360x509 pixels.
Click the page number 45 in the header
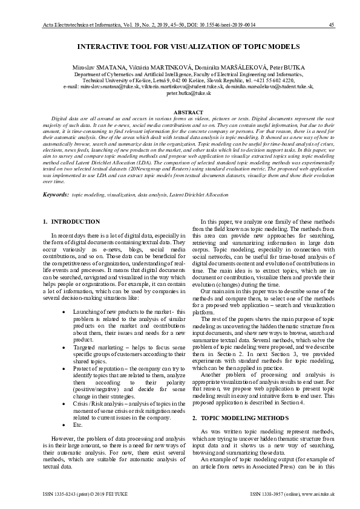point(331,25)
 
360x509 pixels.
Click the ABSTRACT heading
point(180,113)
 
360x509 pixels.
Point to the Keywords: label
point(56,195)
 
